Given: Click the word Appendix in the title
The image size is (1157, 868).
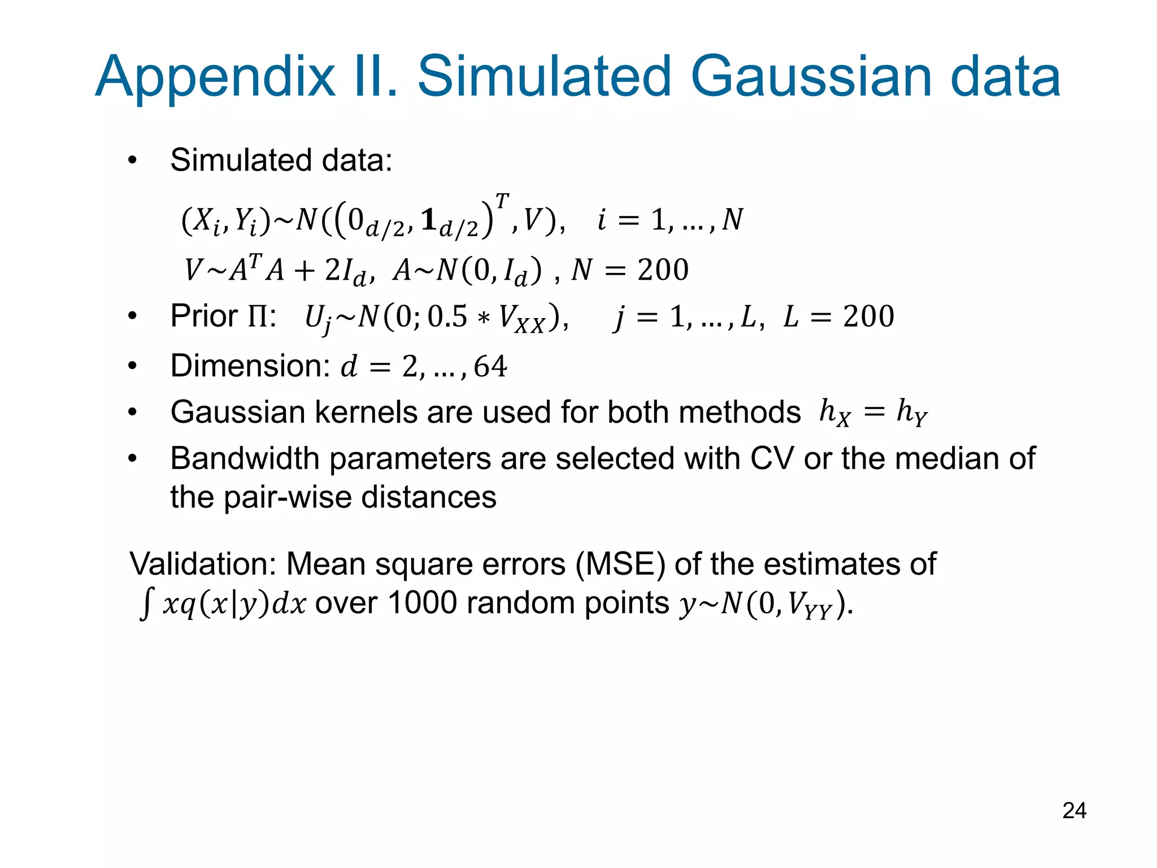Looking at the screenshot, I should click(215, 77).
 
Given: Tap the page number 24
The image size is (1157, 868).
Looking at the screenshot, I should click(1074, 810).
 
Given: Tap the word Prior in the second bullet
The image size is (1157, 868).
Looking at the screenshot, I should click(204, 316).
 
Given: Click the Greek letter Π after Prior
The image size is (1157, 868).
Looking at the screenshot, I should click(259, 316).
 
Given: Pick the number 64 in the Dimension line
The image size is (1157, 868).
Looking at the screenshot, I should click(490, 366).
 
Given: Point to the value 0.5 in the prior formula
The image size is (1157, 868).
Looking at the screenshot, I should click(447, 316).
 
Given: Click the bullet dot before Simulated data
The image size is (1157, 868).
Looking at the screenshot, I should click(132, 160).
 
